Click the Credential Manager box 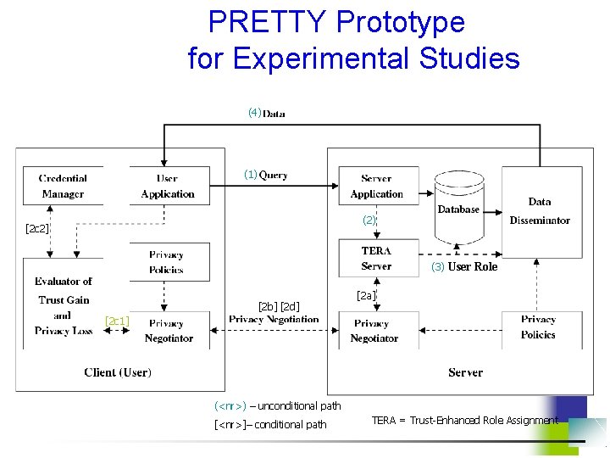63,187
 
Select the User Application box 168,187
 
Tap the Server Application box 377,187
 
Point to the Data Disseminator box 540,211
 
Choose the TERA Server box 376,259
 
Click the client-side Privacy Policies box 166,261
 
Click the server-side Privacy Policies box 538,327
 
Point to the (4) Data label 266,113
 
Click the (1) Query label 266,175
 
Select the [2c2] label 37,229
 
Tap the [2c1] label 116,321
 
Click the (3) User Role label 464,266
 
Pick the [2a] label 366,295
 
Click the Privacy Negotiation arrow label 274,320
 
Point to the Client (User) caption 118,372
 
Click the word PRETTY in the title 260,21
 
